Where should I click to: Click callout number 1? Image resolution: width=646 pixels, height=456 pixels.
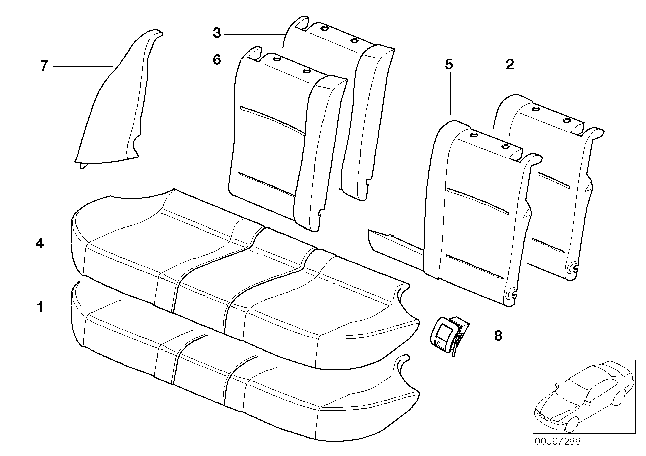[40, 307]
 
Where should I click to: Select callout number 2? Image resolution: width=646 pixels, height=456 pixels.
[510, 64]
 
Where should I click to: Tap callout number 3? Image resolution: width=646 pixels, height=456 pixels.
[216, 33]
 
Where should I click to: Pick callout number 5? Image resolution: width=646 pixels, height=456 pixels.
[449, 64]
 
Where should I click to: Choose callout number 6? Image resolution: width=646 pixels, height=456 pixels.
[216, 60]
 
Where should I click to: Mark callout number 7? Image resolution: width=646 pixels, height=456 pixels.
[44, 66]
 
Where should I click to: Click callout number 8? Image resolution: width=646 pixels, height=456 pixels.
[498, 335]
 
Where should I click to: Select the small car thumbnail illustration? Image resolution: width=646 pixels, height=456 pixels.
[582, 396]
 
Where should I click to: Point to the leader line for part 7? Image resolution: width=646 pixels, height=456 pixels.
[83, 66]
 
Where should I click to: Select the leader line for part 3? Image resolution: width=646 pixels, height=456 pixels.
[253, 34]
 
